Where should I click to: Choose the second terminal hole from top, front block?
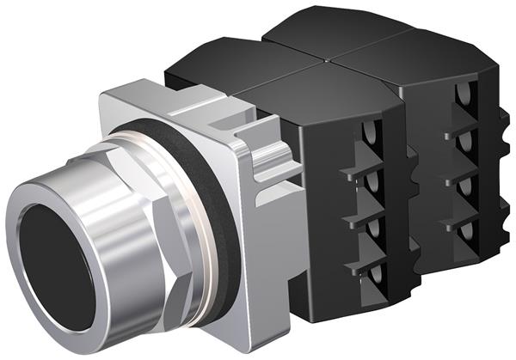371,181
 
